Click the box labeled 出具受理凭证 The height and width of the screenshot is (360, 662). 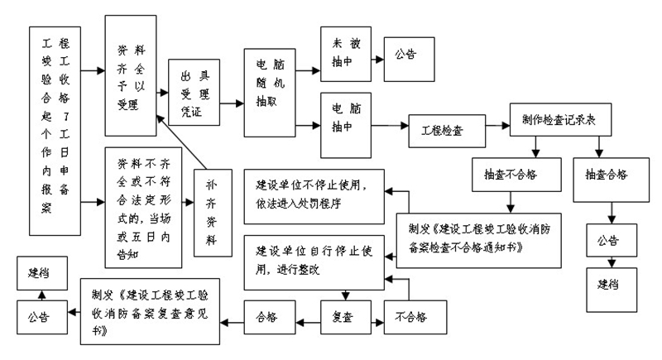point(194,93)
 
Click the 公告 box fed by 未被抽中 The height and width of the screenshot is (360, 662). point(405,56)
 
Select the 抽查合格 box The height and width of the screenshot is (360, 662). point(606,175)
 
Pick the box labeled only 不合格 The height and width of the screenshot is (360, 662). point(412,316)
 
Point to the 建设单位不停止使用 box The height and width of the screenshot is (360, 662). point(314,195)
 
